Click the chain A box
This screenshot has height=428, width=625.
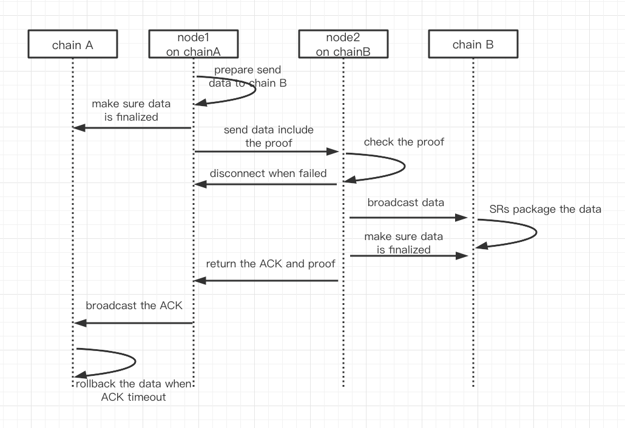(72, 45)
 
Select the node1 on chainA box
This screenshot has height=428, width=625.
(193, 45)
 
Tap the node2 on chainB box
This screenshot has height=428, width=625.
(343, 45)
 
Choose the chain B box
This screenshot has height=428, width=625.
(473, 45)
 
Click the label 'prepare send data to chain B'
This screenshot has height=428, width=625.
(248, 77)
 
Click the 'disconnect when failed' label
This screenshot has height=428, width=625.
(268, 173)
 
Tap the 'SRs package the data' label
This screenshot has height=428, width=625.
(545, 209)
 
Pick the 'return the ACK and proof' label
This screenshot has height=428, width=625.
(270, 264)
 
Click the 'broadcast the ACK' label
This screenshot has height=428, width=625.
(133, 306)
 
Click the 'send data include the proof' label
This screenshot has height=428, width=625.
(268, 136)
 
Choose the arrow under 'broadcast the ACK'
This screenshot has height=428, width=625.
(133, 323)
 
